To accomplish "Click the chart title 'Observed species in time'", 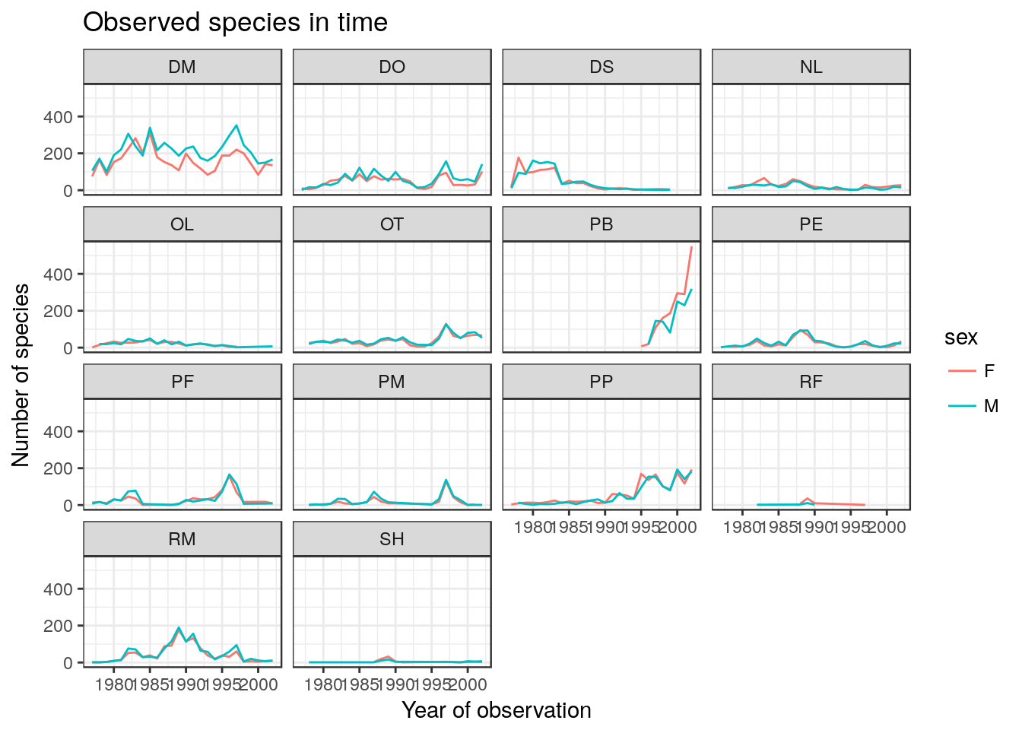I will tap(235, 23).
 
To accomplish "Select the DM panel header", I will tap(182, 67).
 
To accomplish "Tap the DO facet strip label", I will tap(392, 67).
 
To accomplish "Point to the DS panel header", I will tap(601, 67).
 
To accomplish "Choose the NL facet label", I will tap(811, 67).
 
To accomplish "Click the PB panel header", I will tap(601, 224).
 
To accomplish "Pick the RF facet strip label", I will tap(811, 382).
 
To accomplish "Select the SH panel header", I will tap(392, 539).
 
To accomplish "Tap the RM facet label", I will tap(182, 539).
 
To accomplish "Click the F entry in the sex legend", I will tap(989, 371).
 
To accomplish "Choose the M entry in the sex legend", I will tap(991, 406).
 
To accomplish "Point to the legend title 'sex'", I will tap(961, 338).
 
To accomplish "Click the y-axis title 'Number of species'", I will tap(21, 375).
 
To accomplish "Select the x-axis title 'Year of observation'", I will tap(497, 710).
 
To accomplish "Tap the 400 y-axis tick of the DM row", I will tap(58, 117).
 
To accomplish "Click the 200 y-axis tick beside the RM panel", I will tap(58, 627).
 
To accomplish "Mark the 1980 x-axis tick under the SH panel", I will tap(323, 684).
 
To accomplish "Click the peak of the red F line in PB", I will tap(691, 247).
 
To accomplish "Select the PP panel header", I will tap(601, 382).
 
